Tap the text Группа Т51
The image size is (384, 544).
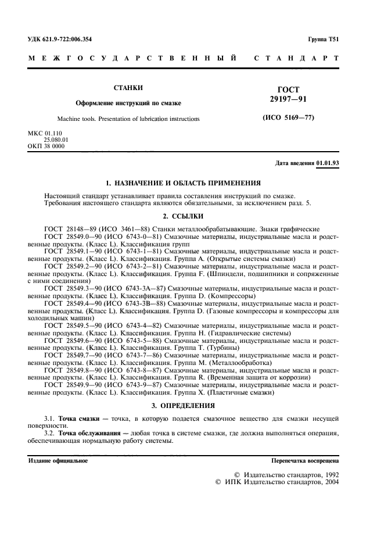(x=324, y=40)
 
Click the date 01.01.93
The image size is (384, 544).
(x=328, y=163)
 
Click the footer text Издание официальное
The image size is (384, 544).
(x=59, y=461)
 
